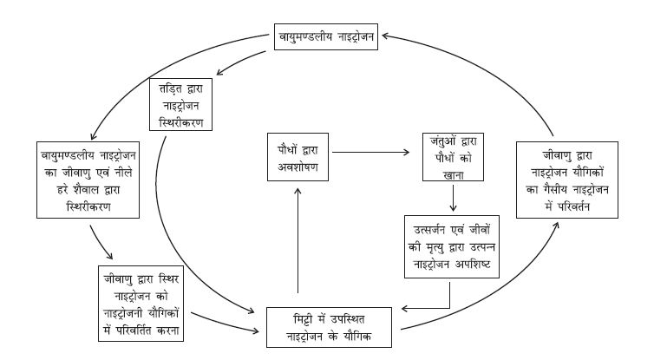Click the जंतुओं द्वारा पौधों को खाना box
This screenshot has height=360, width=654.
coord(454,157)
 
